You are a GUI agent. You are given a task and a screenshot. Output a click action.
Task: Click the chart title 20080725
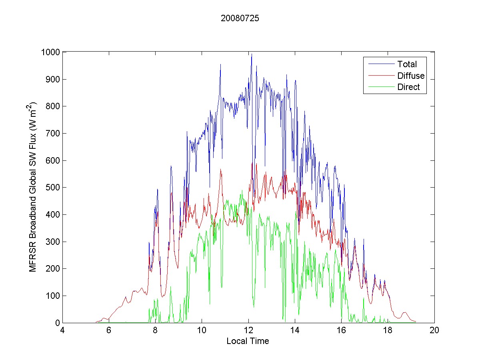[240, 18]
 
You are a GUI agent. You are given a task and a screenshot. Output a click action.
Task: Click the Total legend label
[407, 64]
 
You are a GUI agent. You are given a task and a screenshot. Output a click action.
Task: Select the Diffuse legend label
[411, 76]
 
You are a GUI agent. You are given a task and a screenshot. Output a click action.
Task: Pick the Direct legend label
[408, 88]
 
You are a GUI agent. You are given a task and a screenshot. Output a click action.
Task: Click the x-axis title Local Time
[248, 341]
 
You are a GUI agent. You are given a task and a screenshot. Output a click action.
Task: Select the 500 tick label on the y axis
[53, 188]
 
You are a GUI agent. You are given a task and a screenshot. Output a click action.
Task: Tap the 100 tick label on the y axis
[53, 296]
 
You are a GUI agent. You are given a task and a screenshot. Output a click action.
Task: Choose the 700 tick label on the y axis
[53, 134]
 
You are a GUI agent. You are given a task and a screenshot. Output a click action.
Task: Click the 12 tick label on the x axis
[248, 331]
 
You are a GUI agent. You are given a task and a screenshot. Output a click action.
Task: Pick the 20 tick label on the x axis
[434, 331]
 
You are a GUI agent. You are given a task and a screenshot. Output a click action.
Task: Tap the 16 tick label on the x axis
[341, 331]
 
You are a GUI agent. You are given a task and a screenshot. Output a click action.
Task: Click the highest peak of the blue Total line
[252, 54]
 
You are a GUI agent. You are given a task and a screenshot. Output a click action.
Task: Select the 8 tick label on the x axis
[156, 331]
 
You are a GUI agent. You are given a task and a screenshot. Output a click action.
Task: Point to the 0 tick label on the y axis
[58, 323]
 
